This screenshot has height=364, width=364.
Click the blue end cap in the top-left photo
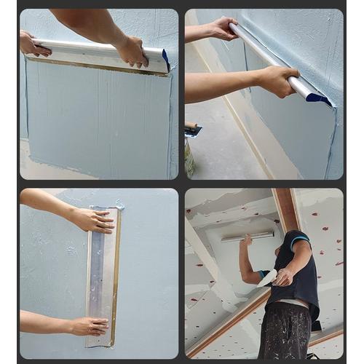click(165, 60)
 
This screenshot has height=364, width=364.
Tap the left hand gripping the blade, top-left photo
click(33, 44)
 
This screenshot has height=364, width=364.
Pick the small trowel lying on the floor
click(193, 131)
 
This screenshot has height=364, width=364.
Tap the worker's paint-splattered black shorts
click(285, 331)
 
